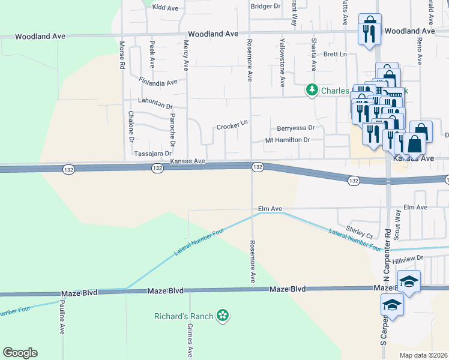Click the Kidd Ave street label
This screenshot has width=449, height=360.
[166, 8]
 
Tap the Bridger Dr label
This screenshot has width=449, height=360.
[266, 6]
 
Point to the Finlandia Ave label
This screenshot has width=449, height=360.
[158, 82]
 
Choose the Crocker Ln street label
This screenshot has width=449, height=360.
[232, 126]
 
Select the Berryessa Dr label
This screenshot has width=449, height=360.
[295, 128]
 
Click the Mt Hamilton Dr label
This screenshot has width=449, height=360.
[288, 140]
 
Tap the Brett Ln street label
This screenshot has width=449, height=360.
[336, 55]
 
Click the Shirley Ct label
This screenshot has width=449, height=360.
[360, 232]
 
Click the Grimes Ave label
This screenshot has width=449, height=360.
[190, 340]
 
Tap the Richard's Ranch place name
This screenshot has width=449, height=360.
[184, 316]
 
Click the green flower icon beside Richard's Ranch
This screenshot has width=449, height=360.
[223, 316]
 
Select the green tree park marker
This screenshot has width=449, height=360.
[312, 90]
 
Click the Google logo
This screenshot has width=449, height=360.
[20, 352]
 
